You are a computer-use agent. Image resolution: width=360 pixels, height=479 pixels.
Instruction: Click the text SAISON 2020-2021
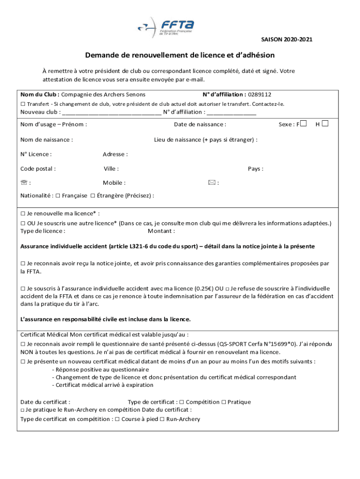point(286,40)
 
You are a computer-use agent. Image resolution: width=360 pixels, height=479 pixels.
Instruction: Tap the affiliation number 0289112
point(259,94)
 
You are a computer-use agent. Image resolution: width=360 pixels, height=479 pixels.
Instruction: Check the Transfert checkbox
point(23,104)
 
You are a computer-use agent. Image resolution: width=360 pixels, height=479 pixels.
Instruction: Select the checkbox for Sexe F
point(304,124)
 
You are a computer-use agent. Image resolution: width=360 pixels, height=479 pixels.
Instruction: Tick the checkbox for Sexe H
point(325,124)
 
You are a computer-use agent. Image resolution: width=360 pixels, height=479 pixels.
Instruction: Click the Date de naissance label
point(200,124)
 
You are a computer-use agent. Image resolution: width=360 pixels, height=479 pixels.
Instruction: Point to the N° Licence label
point(36,154)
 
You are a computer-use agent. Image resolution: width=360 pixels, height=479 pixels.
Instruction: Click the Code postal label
point(38,169)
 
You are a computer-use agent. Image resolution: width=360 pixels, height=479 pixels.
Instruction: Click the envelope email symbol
point(212,183)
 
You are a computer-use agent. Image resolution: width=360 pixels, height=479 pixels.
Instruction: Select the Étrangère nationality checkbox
point(93,196)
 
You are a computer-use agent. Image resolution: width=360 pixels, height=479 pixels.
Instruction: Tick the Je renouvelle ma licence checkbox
point(23,214)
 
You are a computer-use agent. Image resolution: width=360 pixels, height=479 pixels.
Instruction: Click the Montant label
point(161,231)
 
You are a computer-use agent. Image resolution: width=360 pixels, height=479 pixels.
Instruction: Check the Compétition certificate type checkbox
point(182,402)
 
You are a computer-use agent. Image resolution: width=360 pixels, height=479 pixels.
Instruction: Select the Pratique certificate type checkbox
point(223,402)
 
